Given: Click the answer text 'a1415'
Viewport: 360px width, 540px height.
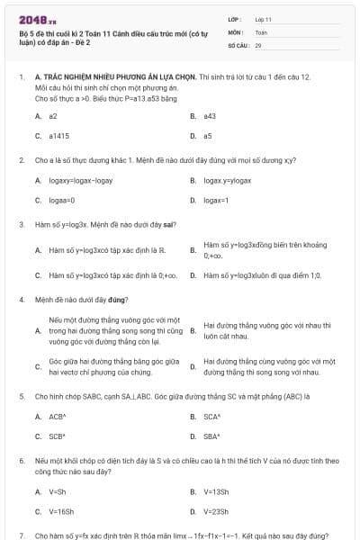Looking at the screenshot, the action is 58,136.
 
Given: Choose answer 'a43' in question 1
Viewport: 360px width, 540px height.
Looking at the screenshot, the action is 210,116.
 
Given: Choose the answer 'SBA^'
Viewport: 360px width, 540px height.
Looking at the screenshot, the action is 212,436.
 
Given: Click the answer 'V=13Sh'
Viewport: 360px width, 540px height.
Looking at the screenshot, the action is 216,491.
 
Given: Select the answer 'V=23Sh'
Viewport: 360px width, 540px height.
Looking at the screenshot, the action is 216,511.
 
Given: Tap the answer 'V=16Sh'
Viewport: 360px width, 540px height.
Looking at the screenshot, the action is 61,511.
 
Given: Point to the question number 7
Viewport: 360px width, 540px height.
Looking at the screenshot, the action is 22,535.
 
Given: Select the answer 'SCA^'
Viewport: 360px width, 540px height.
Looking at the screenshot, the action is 212,417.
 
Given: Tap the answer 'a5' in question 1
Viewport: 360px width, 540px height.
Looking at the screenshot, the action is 208,136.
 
